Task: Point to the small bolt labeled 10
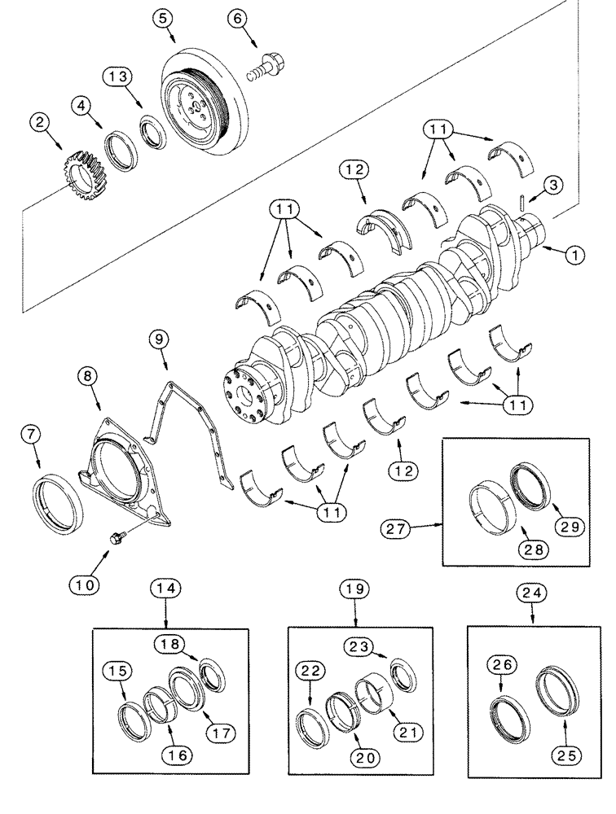click(117, 537)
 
